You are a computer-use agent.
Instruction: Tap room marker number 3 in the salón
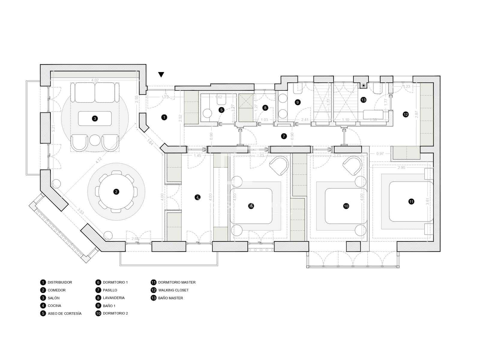pyautogui.click(x=95, y=118)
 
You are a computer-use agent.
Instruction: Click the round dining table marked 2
pyautogui.click(x=116, y=192)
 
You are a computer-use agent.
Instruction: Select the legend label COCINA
pyautogui.click(x=54, y=306)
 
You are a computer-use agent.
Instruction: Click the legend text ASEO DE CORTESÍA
pyautogui.click(x=64, y=313)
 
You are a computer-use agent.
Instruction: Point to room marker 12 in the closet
pyautogui.click(x=406, y=114)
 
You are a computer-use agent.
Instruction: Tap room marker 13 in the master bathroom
pyautogui.click(x=363, y=100)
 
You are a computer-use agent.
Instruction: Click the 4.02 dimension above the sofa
pyautogui.click(x=95, y=80)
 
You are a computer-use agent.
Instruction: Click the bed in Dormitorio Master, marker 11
pyautogui.click(x=411, y=202)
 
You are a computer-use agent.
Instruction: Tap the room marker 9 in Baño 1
pyautogui.click(x=298, y=102)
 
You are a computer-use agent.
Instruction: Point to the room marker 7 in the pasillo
pyautogui.click(x=284, y=136)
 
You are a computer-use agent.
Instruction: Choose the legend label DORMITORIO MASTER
pyautogui.click(x=177, y=282)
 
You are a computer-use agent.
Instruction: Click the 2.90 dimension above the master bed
pyautogui.click(x=401, y=168)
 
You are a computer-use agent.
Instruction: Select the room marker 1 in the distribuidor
pyautogui.click(x=164, y=117)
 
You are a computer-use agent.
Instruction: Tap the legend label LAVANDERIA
pyautogui.click(x=114, y=298)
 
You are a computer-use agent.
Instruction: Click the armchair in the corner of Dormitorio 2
pyautogui.click(x=352, y=166)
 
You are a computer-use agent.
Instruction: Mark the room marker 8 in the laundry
pyautogui.click(x=265, y=108)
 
